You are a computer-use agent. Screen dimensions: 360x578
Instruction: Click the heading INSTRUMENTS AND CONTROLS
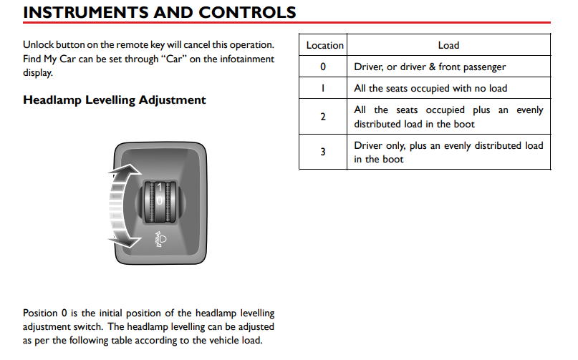pos(159,12)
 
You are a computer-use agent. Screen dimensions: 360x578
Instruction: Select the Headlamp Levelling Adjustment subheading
pos(115,100)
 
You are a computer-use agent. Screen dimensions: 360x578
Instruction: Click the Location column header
pos(324,45)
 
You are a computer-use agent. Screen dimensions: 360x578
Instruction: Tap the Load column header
pos(448,45)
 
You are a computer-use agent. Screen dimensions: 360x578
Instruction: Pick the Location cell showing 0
pos(323,67)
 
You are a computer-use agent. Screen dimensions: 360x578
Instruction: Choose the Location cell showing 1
pos(323,88)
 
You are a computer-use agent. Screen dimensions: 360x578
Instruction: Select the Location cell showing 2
pos(323,117)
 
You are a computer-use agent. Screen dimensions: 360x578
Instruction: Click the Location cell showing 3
pos(323,152)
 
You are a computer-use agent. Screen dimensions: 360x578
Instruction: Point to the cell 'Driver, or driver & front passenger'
pos(430,67)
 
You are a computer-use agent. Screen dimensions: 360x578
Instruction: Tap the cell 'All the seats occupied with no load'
pos(430,88)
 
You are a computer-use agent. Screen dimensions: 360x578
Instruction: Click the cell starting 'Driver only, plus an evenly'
pos(448,152)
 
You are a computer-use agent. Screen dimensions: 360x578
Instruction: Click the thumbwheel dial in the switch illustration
pos(159,202)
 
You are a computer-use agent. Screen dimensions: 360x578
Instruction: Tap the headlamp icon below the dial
pos(160,240)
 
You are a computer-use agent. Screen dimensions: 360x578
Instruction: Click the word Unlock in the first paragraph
pos(39,44)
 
